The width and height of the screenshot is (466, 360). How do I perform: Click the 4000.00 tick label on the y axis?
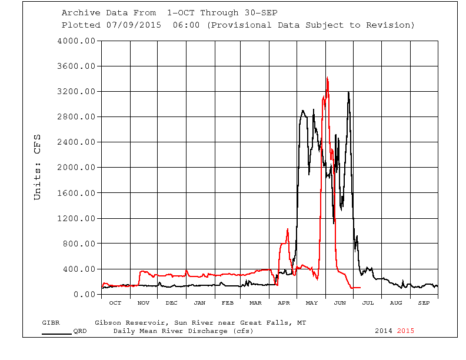(x=76, y=41)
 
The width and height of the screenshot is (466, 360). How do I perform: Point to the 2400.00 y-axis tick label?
(x=76, y=142)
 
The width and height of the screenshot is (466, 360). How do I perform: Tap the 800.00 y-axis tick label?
(x=78, y=244)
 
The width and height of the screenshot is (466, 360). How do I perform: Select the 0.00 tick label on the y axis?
(x=83, y=294)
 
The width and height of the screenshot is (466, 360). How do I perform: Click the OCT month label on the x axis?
(x=115, y=303)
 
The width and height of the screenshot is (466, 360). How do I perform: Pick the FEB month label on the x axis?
(x=227, y=303)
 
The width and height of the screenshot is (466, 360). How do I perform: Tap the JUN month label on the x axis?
(x=339, y=303)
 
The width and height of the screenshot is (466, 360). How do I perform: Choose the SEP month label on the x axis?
(x=424, y=303)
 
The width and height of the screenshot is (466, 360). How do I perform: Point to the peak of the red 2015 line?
(x=327, y=78)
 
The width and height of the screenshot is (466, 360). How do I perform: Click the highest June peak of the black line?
(x=349, y=92)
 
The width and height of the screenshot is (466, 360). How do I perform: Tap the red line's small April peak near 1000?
(x=287, y=229)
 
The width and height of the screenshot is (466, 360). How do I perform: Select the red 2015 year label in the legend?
(x=405, y=331)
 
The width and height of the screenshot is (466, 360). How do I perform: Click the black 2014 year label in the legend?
(x=384, y=331)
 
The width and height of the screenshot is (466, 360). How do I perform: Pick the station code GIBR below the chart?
(x=51, y=323)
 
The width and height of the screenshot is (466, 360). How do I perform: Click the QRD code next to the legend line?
(x=80, y=331)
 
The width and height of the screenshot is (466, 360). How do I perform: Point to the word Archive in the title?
(x=80, y=13)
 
